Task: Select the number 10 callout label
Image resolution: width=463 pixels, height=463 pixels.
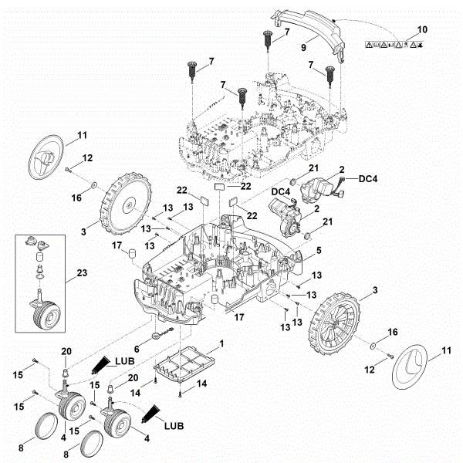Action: click(x=421, y=29)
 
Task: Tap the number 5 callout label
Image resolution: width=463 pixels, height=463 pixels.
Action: click(x=319, y=252)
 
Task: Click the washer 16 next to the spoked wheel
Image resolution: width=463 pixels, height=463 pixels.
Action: click(x=373, y=345)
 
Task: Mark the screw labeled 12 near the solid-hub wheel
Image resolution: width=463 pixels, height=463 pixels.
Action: click(x=69, y=168)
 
